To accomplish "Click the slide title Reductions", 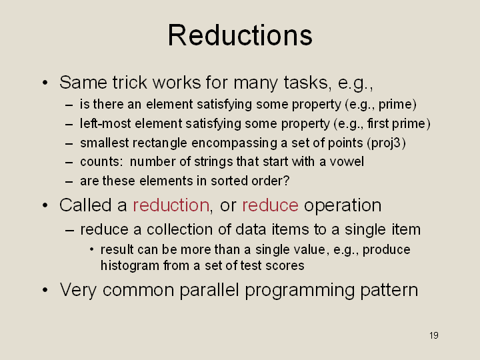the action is (240, 35).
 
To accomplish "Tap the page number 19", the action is (434, 335).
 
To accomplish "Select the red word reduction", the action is (171, 205).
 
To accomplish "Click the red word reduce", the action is (270, 205).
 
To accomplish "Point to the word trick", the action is (130, 83).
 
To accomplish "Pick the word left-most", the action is (105, 124).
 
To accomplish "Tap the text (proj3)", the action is (386, 143).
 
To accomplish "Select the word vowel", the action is (347, 161).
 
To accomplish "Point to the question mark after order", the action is (286, 181).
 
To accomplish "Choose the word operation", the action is (343, 205).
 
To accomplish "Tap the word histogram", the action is (130, 265).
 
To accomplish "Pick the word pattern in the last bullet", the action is (389, 290).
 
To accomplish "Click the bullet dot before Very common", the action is (45, 289).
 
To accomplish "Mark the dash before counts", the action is (69, 162).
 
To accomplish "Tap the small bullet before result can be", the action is (91, 250).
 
